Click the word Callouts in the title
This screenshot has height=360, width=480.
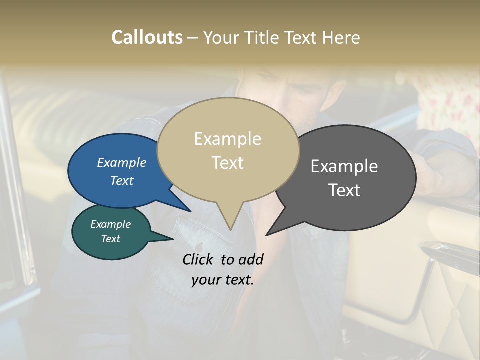147,37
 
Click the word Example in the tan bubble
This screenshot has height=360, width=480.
227,139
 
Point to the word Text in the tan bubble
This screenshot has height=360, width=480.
227,163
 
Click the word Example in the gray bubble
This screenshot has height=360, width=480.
344,166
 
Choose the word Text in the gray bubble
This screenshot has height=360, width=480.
344,190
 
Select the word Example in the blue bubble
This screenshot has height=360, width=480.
121,163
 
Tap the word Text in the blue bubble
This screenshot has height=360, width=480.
121,180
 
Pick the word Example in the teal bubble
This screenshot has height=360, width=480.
110,225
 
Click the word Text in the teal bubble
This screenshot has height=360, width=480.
110,239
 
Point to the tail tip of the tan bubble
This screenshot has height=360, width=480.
230,230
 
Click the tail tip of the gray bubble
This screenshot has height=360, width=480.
266,235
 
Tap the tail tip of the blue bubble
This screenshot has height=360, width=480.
190,212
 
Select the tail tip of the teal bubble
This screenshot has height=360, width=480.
173,239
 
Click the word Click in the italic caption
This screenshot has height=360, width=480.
198,259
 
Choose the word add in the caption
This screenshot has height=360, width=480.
251,259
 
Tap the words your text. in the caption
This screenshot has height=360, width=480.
222,280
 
